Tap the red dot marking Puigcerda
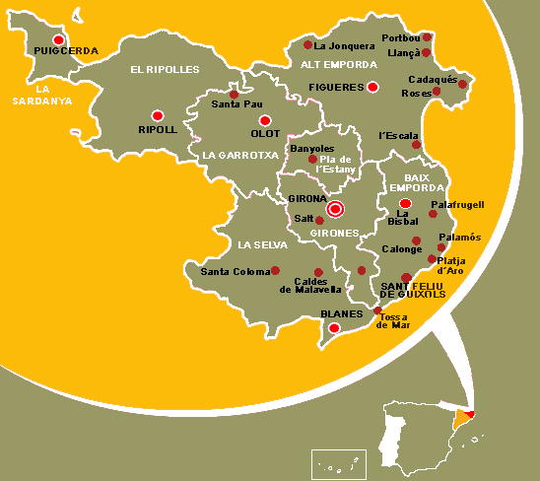59,39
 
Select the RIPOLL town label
158,129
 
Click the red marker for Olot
264,120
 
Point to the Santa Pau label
235,104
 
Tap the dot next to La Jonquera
307,44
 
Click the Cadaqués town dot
462,84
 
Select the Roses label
415,93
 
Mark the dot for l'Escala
416,145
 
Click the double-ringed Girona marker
336,208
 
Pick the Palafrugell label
458,204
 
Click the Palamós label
459,238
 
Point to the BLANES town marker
334,327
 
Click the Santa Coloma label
235,271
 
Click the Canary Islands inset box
339,464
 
